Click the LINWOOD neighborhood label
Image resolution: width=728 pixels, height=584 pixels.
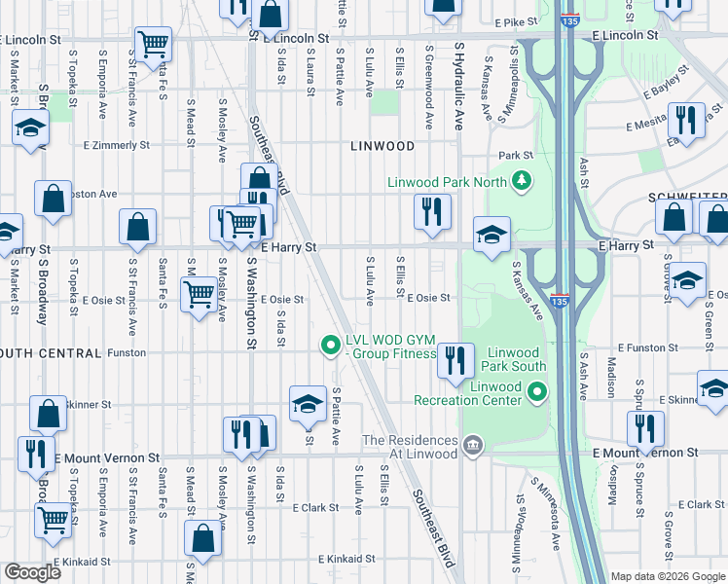point(382,146)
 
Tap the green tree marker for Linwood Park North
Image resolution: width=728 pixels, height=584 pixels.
point(522,180)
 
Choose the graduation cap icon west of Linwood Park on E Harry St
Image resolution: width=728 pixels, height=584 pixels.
point(492,234)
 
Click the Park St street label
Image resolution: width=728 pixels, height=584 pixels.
point(516,155)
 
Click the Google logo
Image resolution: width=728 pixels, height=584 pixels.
point(32,572)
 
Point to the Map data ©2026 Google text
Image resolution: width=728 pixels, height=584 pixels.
point(668,576)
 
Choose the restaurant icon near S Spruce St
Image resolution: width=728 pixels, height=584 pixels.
point(645,428)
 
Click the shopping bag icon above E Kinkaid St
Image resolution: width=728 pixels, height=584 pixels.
point(202,539)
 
